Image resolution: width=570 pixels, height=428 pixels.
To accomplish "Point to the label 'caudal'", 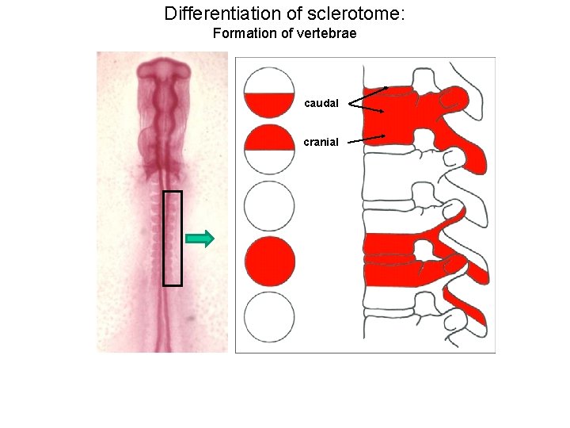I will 321,103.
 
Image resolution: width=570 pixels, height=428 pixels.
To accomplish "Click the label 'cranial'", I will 321,142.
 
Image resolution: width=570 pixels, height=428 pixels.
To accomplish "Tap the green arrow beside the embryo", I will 199,238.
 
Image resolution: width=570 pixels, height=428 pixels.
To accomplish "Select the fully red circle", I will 269,260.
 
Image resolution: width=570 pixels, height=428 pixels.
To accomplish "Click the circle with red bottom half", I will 269,94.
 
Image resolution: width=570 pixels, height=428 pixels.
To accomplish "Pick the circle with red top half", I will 269,149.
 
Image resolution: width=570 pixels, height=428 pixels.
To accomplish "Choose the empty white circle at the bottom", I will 269,317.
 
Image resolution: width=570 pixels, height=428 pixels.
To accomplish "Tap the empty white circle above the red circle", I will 269,205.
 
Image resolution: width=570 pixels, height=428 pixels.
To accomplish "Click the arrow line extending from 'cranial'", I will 367,139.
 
